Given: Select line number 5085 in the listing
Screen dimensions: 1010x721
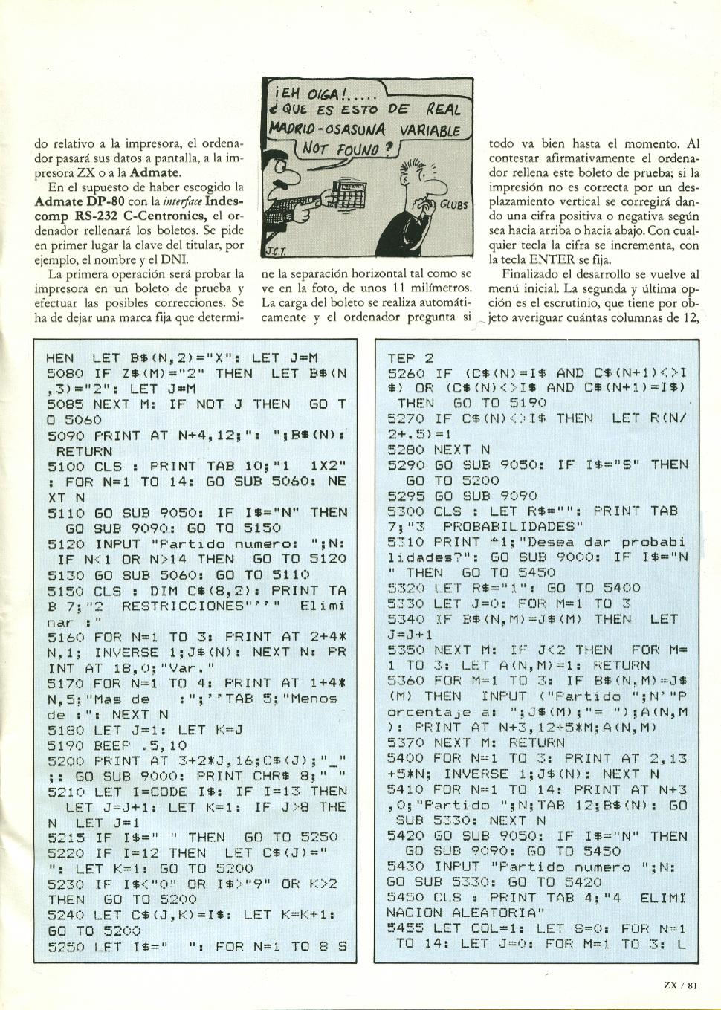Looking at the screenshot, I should [65, 404].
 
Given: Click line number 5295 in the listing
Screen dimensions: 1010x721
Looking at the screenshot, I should [407, 496].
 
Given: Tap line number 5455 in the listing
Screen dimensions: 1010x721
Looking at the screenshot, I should [407, 928].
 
